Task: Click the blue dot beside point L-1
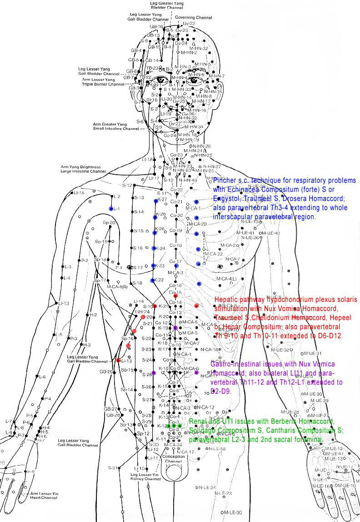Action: click(x=111, y=209)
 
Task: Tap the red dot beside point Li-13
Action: click(x=118, y=360)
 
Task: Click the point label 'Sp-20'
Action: click(x=109, y=223)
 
